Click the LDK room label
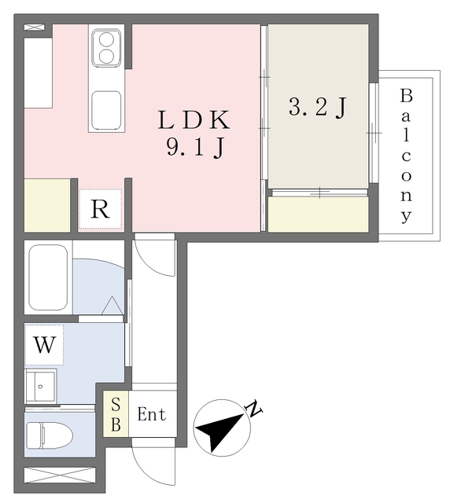click(x=194, y=120)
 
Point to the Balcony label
click(x=406, y=155)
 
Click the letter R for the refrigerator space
click(x=100, y=211)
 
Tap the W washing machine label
click(x=45, y=346)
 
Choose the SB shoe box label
click(x=115, y=414)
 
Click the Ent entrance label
click(x=152, y=414)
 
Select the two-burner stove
click(x=105, y=47)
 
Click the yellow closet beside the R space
click(x=47, y=205)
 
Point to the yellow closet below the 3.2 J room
click(x=318, y=214)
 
